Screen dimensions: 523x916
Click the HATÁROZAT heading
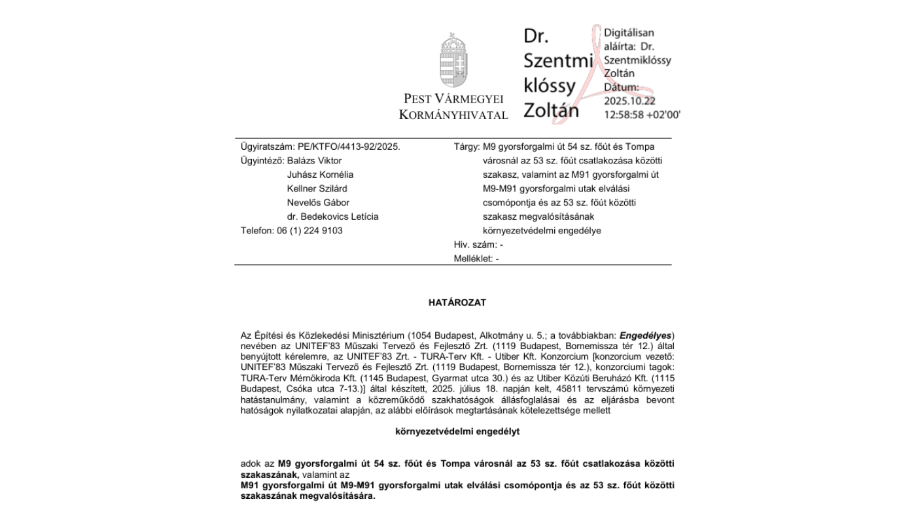[457, 303]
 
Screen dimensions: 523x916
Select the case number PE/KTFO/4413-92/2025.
[349, 147]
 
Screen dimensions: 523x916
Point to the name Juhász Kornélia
[320, 175]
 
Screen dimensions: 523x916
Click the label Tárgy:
[467, 147]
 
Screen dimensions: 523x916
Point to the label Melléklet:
[474, 258]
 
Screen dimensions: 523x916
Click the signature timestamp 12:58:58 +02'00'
[642, 114]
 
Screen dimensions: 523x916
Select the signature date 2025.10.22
[629, 101]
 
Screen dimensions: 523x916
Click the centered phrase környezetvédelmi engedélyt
[457, 431]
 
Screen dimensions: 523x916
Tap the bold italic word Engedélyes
[645, 335]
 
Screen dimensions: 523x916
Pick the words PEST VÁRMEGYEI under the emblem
[453, 99]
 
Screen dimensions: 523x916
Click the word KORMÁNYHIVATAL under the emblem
[453, 115]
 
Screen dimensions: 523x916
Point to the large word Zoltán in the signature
[551, 110]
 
